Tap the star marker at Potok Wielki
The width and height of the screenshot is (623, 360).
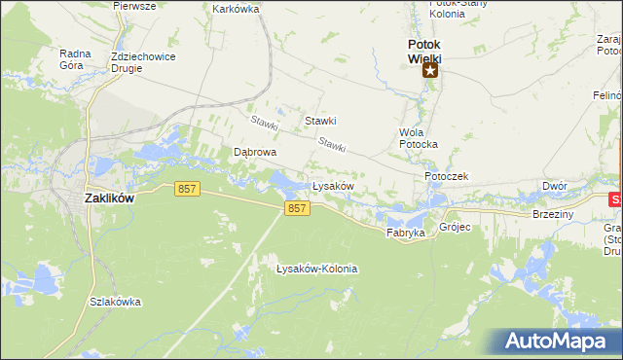429,70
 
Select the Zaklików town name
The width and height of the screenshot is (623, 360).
109,197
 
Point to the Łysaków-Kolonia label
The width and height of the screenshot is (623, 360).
316,269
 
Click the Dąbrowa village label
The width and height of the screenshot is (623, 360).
255,153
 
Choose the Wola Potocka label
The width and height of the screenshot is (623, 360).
419,137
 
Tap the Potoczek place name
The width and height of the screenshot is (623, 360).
447,176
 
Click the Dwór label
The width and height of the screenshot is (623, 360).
555,186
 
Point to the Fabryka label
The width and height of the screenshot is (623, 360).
406,234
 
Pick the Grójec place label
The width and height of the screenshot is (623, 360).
455,228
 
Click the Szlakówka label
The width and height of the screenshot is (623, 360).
115,302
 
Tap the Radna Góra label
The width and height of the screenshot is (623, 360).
75,60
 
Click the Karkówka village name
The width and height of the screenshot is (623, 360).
236,9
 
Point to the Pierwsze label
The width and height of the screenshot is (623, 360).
134,5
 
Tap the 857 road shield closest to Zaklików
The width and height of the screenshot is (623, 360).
188,190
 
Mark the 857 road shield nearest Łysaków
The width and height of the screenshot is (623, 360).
298,209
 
